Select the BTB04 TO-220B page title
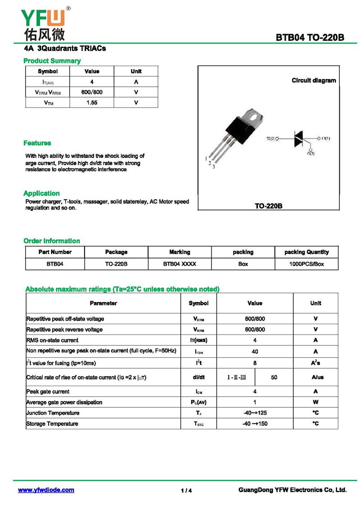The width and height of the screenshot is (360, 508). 310,38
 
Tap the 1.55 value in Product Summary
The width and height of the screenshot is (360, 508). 92,102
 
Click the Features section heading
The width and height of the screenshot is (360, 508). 37,143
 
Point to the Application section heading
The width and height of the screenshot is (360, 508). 41,193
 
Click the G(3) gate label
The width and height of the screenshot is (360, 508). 311,154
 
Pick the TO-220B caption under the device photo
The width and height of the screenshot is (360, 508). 269,206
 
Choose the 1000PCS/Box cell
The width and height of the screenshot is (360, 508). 306,264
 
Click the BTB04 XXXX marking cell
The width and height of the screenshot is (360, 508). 180,264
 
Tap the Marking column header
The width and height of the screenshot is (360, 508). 180,252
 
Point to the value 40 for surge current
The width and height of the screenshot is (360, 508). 255,352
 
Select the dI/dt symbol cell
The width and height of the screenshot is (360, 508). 198,377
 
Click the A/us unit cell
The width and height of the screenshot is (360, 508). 315,377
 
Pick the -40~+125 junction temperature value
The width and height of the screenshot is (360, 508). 255,413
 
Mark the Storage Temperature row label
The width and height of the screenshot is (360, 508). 52,423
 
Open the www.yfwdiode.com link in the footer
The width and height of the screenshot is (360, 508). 46,490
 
